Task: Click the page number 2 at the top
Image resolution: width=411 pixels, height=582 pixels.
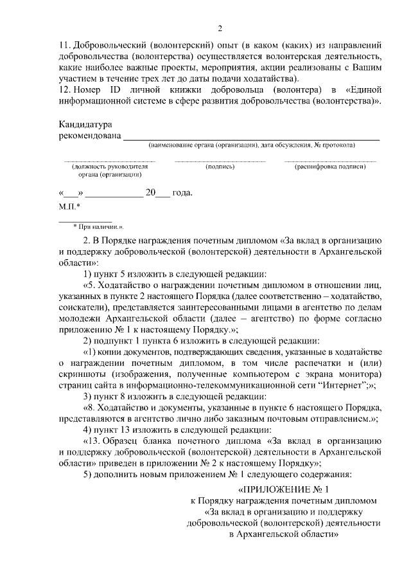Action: tap(220, 28)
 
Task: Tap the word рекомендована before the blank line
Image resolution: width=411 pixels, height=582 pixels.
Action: tap(89, 136)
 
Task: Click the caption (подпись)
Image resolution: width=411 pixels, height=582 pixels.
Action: tap(220, 167)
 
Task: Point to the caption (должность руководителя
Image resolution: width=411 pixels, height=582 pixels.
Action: tap(109, 167)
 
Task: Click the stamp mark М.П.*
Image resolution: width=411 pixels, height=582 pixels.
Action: tap(69, 206)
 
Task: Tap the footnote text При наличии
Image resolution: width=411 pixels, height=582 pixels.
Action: tap(100, 227)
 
